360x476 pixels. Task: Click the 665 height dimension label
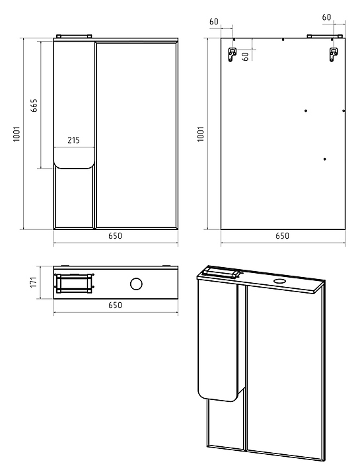click(34, 105)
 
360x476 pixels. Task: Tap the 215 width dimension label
click(73, 140)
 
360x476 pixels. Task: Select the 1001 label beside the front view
click(17, 134)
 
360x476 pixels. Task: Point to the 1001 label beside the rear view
click(200, 134)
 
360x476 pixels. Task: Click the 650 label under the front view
click(115, 235)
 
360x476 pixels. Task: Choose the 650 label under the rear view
click(282, 235)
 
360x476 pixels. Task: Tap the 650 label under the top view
click(115, 305)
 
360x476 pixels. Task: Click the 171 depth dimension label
click(34, 282)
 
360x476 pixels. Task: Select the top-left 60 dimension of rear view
click(214, 22)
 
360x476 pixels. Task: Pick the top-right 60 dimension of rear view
click(326, 17)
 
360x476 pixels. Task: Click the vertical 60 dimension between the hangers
click(246, 56)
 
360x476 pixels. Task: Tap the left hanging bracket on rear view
click(232, 54)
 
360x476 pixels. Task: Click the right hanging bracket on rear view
click(334, 54)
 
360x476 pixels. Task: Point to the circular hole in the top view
click(136, 284)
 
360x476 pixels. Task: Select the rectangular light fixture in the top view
click(74, 284)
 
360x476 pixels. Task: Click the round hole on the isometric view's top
click(278, 281)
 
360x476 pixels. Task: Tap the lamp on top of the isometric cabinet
click(221, 272)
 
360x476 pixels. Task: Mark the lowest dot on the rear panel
click(325, 159)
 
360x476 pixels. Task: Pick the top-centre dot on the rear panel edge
click(283, 40)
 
